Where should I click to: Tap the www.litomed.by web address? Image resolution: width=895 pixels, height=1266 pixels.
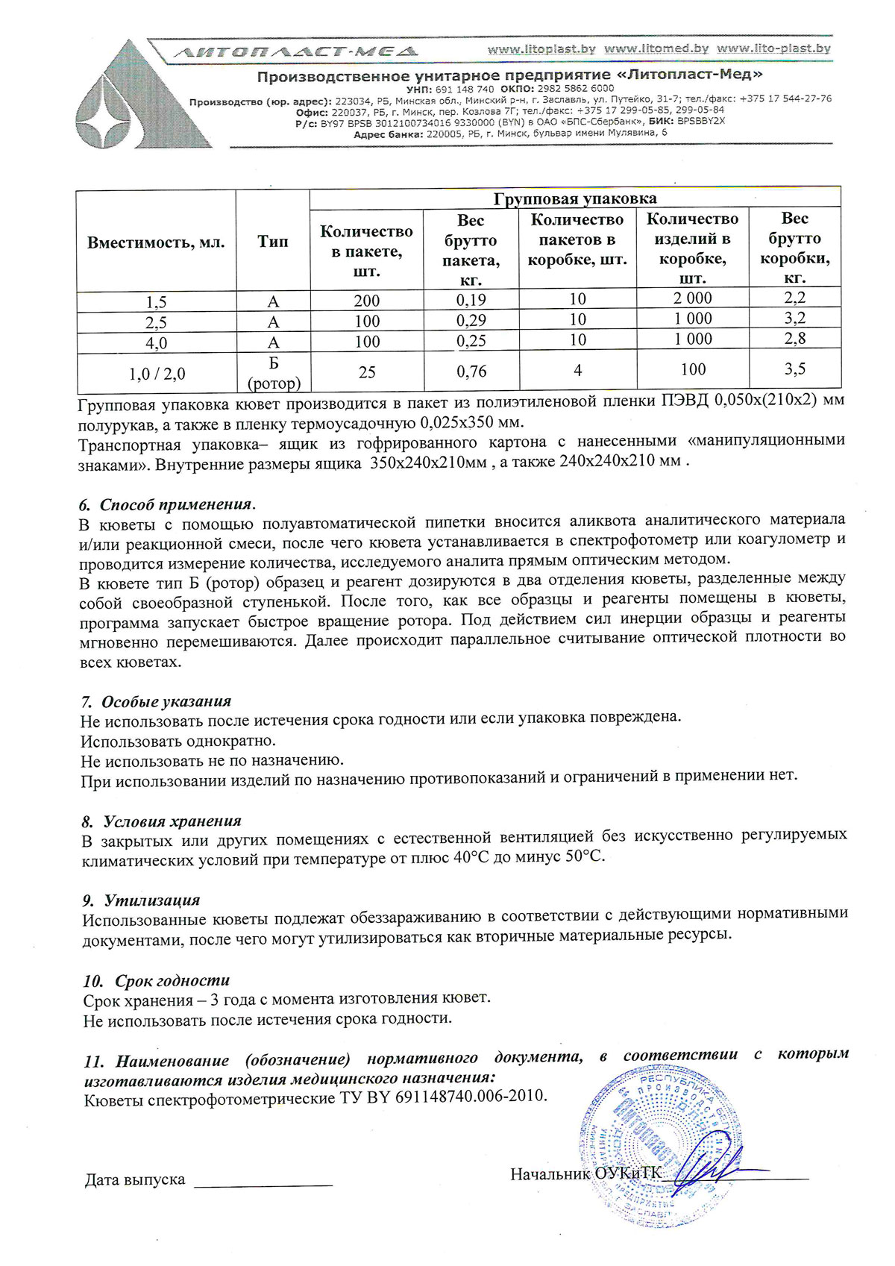coord(656,49)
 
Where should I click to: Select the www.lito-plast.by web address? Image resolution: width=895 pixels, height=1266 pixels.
coord(773,49)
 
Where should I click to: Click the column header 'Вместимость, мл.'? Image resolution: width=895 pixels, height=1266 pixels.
coord(156,242)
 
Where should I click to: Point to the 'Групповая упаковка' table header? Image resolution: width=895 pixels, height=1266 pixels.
coord(574,198)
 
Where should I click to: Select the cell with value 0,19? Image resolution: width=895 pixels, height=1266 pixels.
coord(471,300)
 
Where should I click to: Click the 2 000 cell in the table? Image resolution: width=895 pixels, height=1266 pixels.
coord(693,298)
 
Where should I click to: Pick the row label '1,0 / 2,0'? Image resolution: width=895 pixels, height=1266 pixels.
coord(156,374)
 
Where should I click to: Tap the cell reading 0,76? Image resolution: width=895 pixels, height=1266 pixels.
coord(471,371)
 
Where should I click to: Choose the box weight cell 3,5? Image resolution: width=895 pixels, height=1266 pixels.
coord(794,369)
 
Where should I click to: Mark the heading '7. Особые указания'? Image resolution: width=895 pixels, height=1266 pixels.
coord(156,701)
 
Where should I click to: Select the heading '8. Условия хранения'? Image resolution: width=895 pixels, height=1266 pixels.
coord(162,821)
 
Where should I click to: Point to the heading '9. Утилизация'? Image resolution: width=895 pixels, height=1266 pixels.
coord(142,900)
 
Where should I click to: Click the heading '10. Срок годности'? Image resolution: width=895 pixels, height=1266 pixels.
coord(157,980)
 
